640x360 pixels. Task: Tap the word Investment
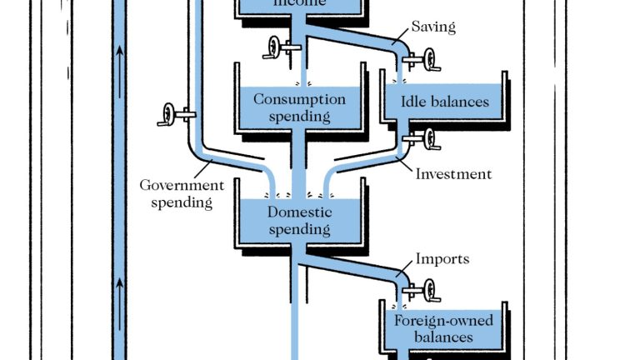point(453,174)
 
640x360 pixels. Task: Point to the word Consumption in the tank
point(299,99)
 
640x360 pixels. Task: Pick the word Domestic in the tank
point(299,212)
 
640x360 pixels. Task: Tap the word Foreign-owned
point(443,321)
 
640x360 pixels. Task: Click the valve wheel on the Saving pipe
point(427,60)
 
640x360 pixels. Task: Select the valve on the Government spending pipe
point(171,112)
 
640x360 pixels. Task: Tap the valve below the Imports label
point(427,291)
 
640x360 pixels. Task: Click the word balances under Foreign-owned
point(443,337)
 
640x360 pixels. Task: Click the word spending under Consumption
point(299,116)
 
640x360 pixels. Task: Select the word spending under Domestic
point(299,229)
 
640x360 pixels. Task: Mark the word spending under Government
point(182,202)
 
